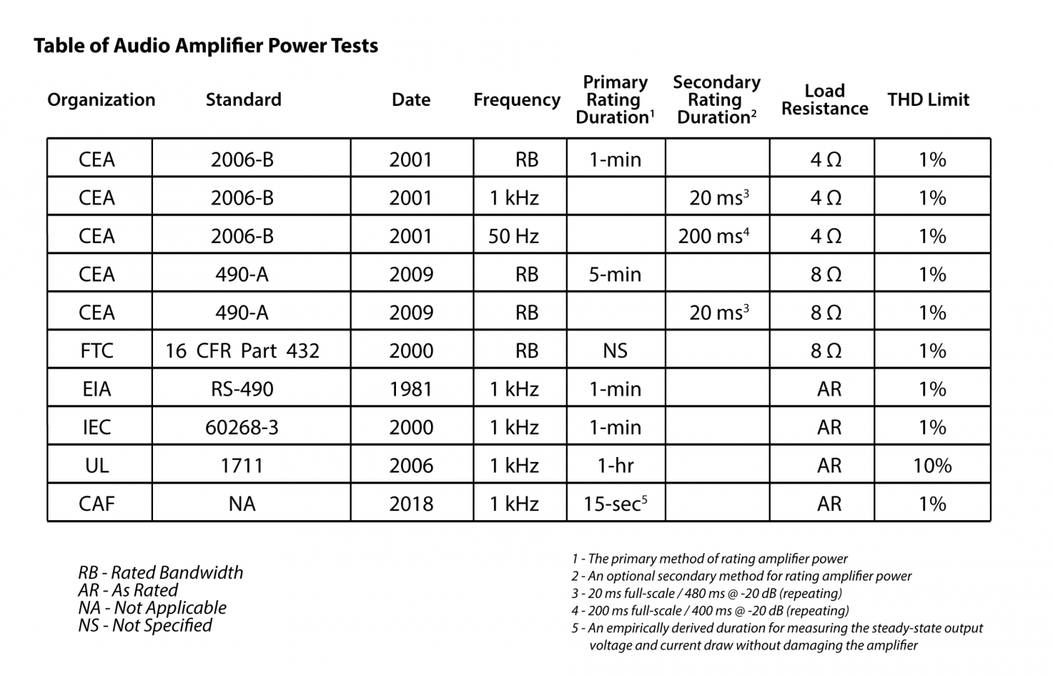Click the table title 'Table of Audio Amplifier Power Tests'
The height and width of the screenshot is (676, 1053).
click(206, 46)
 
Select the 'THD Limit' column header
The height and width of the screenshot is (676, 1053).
click(928, 100)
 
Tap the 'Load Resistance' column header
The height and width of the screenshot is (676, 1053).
click(825, 100)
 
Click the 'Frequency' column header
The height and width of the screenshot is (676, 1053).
click(517, 100)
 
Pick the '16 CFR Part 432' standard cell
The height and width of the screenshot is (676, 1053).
click(243, 351)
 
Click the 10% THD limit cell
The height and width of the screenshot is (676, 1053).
click(932, 466)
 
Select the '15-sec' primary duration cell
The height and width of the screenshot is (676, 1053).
click(615, 504)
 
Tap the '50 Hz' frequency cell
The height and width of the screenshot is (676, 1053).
click(514, 236)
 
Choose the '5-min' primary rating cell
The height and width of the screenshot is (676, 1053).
click(615, 274)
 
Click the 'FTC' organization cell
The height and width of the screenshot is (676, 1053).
click(97, 351)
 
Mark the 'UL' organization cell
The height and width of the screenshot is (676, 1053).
click(97, 466)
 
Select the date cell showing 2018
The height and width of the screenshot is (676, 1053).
click(411, 504)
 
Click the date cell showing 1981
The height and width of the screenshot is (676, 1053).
click(411, 389)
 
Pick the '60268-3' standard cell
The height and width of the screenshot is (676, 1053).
click(242, 428)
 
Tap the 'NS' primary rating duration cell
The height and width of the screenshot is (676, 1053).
click(615, 351)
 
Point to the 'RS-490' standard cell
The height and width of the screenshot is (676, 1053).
click(242, 389)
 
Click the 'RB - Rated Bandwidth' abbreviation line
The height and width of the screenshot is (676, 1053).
click(161, 573)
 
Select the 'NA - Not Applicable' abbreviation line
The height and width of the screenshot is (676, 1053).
click(152, 608)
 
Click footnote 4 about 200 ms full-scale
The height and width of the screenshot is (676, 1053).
click(710, 611)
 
